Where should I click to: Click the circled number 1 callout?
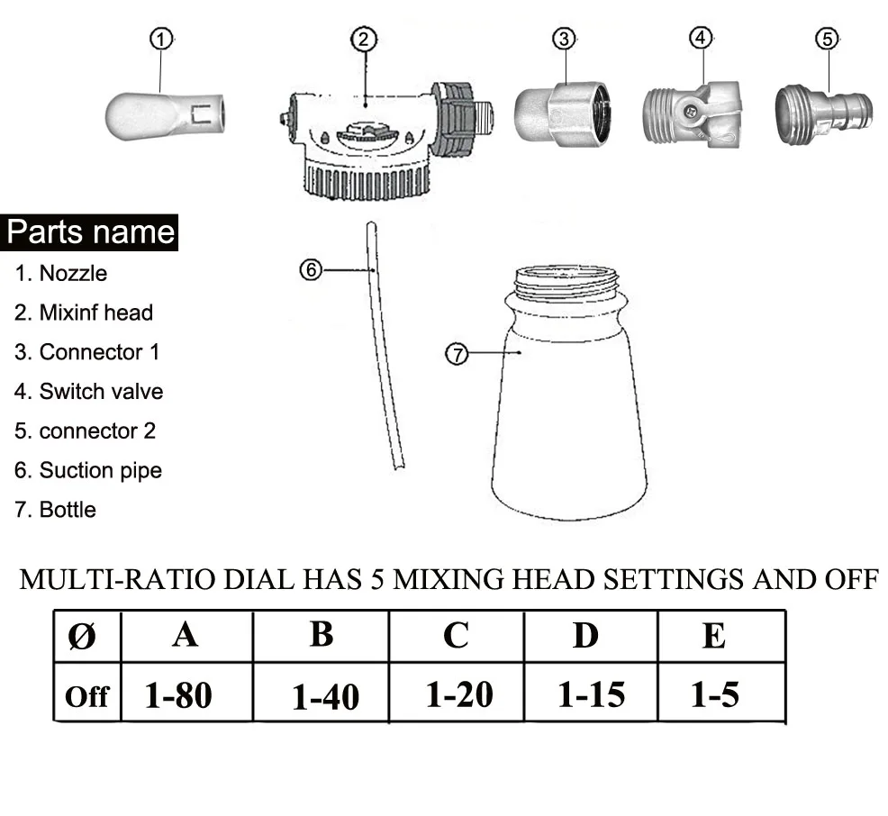pyautogui.click(x=162, y=39)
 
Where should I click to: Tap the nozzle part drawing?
pyautogui.click(x=169, y=116)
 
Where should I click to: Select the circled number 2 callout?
pyautogui.click(x=364, y=39)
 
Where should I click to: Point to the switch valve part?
pyautogui.click(x=691, y=115)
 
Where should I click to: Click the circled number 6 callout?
pyautogui.click(x=310, y=269)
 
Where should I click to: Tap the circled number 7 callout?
pyautogui.click(x=458, y=354)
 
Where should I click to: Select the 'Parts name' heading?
pyautogui.click(x=90, y=232)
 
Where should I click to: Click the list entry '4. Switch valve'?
pyautogui.click(x=88, y=392)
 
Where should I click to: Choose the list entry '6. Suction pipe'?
pyautogui.click(x=87, y=470)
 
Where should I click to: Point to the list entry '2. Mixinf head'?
pyautogui.click(x=84, y=313)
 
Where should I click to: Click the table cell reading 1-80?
pyautogui.click(x=178, y=694)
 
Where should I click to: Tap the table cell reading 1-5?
pyautogui.click(x=714, y=694)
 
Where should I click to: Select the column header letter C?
pyautogui.click(x=456, y=636)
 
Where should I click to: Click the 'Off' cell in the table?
pyautogui.click(x=86, y=696)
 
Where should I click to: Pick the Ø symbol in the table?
pyautogui.click(x=82, y=637)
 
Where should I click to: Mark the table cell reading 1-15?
pyautogui.click(x=591, y=694)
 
